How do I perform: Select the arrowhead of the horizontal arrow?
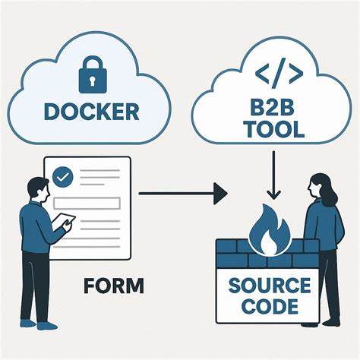click(220, 194)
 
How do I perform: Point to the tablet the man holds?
click(62, 222)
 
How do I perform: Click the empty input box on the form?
click(94, 203)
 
